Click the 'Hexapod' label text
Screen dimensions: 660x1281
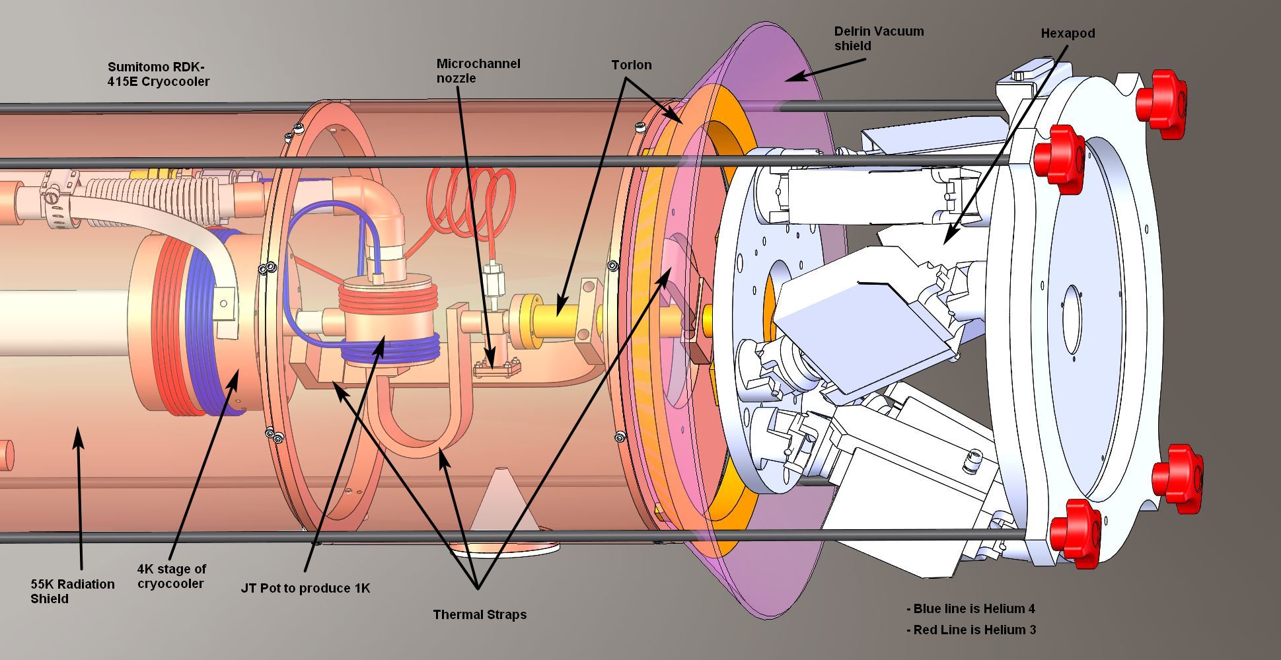[x=1068, y=33]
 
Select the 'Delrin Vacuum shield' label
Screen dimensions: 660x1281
[x=879, y=38]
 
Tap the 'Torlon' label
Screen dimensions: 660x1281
[x=631, y=65]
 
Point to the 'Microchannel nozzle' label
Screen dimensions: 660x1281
[x=478, y=71]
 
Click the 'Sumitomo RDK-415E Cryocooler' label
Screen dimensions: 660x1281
[x=159, y=74]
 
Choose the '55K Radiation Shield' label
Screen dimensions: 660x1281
[x=73, y=591]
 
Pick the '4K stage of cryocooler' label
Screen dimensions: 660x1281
[x=172, y=576]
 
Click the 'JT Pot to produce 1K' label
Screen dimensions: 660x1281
[x=305, y=588]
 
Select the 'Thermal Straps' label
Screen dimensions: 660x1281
[x=480, y=614]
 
